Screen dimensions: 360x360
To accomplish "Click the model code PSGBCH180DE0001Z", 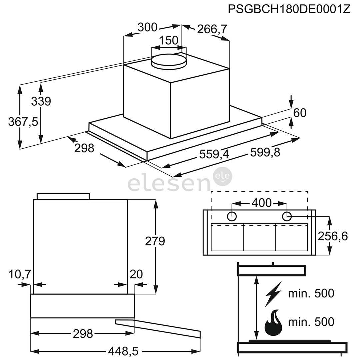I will tap(289, 9).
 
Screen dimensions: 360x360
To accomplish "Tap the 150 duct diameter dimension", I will tap(168, 41).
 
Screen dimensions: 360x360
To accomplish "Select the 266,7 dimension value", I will tap(212, 29).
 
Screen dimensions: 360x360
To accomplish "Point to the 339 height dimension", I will tap(41, 101).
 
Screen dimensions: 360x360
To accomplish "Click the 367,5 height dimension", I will tap(23, 122).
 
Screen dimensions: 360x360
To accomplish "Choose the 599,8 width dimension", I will tap(265, 152).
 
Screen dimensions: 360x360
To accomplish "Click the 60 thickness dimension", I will tap(300, 113).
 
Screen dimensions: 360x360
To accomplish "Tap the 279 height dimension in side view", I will tap(155, 241).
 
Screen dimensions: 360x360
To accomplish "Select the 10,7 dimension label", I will tap(20, 274).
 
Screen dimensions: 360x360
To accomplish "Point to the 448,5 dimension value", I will tap(123, 351).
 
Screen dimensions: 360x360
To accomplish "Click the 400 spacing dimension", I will tap(262, 203).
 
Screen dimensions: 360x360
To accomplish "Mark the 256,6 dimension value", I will tap(332, 236).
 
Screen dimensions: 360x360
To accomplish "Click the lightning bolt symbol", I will tap(273, 294).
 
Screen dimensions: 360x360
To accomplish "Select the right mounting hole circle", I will tap(287, 216).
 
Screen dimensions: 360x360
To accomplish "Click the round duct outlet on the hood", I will tap(168, 61).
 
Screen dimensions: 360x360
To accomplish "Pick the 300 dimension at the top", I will tap(147, 27).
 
